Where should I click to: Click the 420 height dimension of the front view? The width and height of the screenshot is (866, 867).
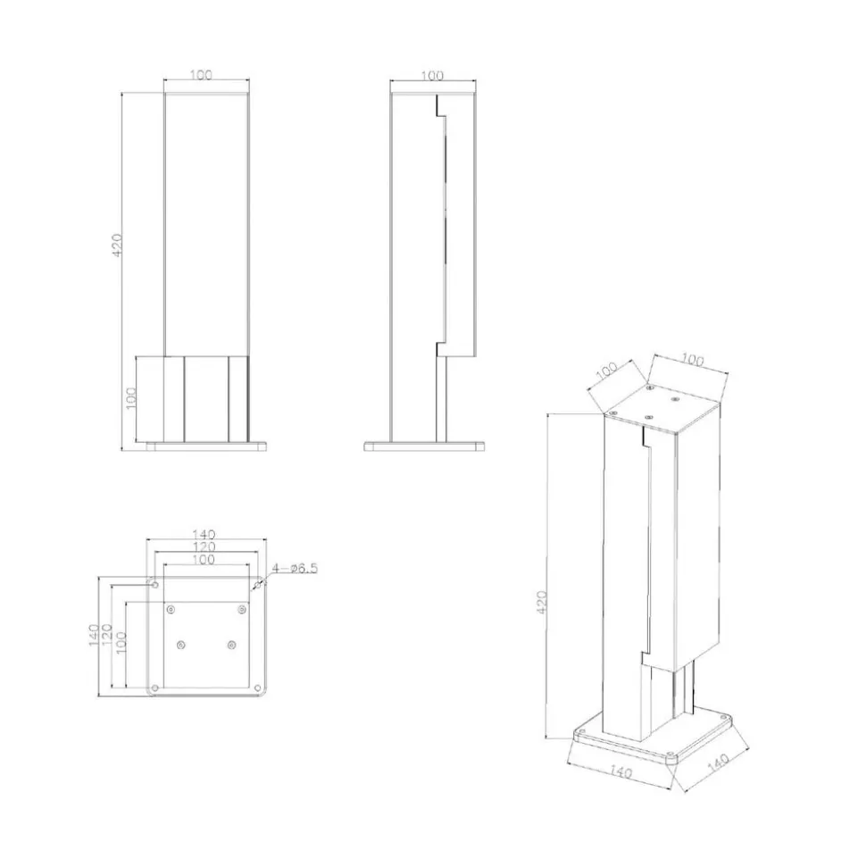tap(117, 245)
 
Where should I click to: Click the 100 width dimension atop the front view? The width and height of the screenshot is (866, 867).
tap(201, 75)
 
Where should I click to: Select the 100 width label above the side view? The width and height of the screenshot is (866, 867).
tap(432, 76)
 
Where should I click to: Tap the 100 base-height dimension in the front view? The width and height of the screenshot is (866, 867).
tap(131, 398)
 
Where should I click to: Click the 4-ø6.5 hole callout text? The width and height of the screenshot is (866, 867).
tap(295, 569)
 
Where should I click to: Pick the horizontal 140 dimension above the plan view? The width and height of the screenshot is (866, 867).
tap(204, 535)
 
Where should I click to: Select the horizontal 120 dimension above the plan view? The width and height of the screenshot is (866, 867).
tap(204, 547)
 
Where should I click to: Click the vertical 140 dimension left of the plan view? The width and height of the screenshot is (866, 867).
tap(94, 635)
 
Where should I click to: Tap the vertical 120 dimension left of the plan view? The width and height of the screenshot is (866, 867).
tap(107, 635)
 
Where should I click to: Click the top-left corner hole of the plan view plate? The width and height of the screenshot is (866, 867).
tap(154, 585)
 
